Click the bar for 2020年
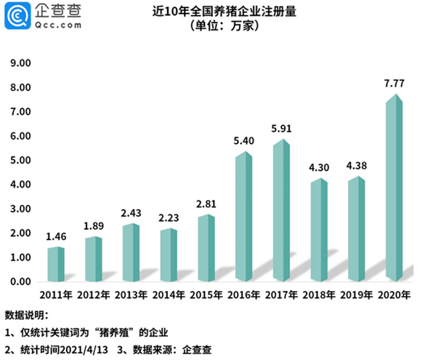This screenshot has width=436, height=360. pos(393,189)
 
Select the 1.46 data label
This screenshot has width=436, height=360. pos(57,237)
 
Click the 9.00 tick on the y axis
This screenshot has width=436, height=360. pos(20,64)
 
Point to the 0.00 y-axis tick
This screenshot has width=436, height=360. pos(20,281)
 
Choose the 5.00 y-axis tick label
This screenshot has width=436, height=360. pos(20,161)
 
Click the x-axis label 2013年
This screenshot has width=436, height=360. pos(132,296)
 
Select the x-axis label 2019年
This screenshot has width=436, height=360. pos(357,296)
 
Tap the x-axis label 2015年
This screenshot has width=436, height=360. pos(206,296)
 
